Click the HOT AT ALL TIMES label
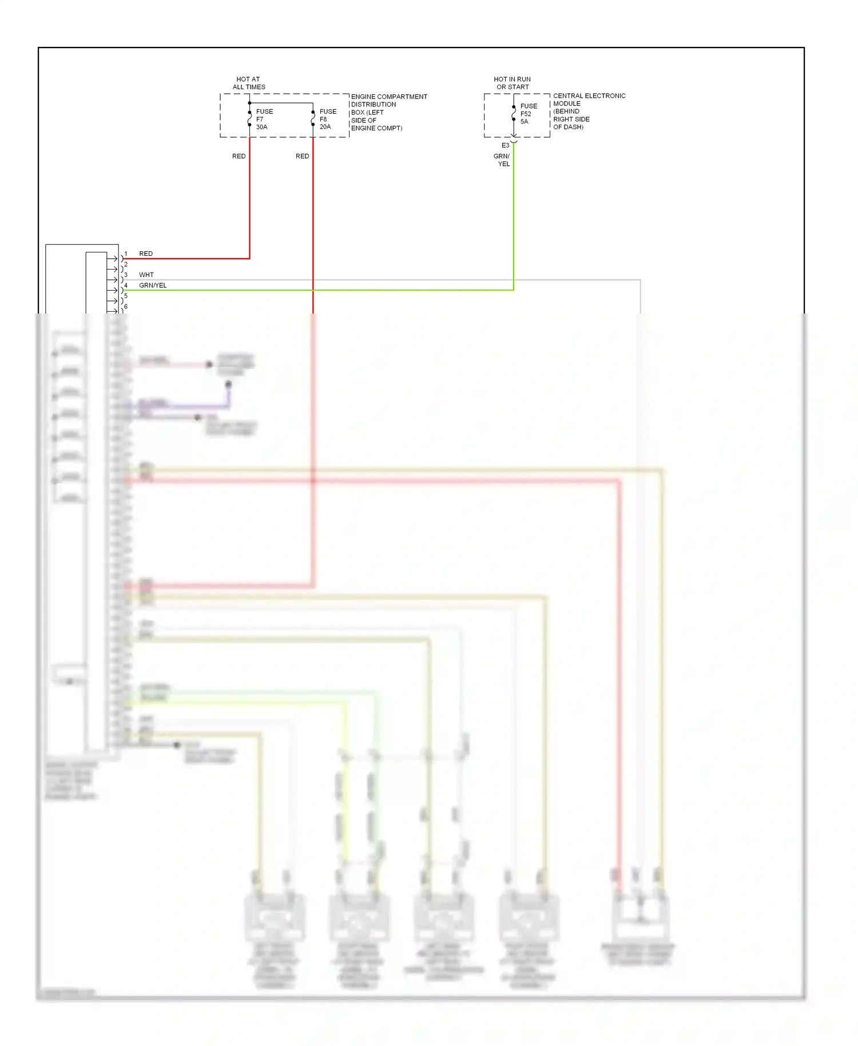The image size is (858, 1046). pyautogui.click(x=249, y=83)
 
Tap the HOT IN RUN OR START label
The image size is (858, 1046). pyautogui.click(x=513, y=83)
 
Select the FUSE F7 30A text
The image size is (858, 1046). pyautogui.click(x=264, y=119)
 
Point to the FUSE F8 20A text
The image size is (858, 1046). pyautogui.click(x=328, y=119)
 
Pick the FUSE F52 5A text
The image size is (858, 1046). pyautogui.click(x=529, y=113)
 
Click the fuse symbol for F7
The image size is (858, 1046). pyautogui.click(x=250, y=118)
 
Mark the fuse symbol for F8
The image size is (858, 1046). pyautogui.click(x=313, y=118)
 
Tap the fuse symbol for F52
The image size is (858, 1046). pyautogui.click(x=514, y=113)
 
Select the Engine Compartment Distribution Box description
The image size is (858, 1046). pyautogui.click(x=389, y=112)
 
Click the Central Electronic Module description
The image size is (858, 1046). pyautogui.click(x=589, y=111)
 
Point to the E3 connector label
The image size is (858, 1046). pyautogui.click(x=505, y=145)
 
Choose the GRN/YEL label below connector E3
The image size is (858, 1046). pyautogui.click(x=502, y=160)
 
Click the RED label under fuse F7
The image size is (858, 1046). pyautogui.click(x=239, y=156)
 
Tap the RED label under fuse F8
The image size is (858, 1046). pyautogui.click(x=302, y=156)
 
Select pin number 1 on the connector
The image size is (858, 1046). pyautogui.click(x=126, y=253)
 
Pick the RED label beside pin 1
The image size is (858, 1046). pyautogui.click(x=146, y=253)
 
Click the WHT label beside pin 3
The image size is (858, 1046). pyautogui.click(x=146, y=275)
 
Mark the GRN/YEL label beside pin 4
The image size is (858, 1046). pyautogui.click(x=153, y=286)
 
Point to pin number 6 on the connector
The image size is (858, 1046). pyautogui.click(x=126, y=307)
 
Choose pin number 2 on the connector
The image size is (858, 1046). pyautogui.click(x=126, y=264)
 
